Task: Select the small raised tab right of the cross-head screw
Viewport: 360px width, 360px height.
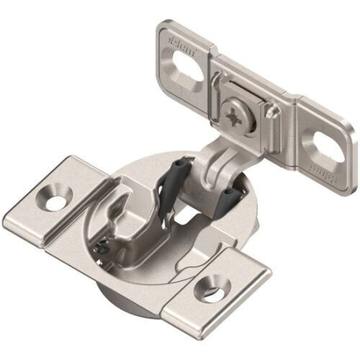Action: point(272,112)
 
